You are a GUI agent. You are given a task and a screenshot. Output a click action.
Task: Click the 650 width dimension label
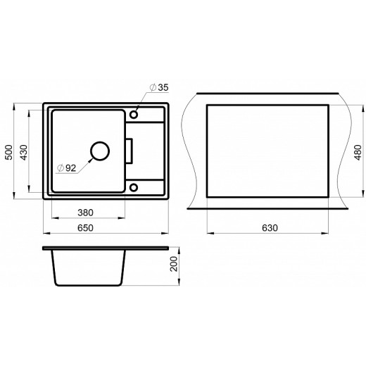85,228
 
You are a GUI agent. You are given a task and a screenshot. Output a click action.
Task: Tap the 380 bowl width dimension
85,213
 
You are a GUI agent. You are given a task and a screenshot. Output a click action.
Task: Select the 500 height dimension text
9,153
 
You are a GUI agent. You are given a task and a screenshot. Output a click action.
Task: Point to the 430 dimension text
24,153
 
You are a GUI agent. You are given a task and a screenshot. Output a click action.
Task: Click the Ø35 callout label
159,87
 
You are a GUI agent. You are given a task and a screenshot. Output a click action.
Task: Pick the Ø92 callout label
67,168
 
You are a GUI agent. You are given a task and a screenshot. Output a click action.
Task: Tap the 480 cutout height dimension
358,153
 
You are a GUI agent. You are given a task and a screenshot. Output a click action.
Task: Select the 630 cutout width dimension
270,228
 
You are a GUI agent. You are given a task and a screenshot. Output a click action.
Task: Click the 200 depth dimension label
174,264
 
